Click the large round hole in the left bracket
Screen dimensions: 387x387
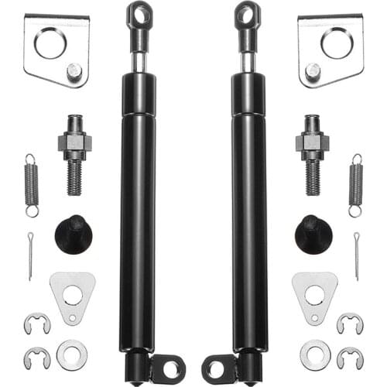50,43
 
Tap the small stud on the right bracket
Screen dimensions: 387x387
313,70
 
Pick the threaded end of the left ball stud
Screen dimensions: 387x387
74,176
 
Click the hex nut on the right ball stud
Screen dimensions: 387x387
312,142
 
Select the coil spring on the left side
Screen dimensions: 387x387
30,185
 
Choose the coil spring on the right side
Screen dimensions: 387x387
356,185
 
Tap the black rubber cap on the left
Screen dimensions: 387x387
74,234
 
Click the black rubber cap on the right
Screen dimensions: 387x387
313,234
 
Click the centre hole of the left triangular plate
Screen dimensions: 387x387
72,295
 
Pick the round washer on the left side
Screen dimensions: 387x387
72,354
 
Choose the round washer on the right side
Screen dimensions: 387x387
315,354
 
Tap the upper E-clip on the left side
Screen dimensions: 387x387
36,324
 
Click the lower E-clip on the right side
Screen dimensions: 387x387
350,358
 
